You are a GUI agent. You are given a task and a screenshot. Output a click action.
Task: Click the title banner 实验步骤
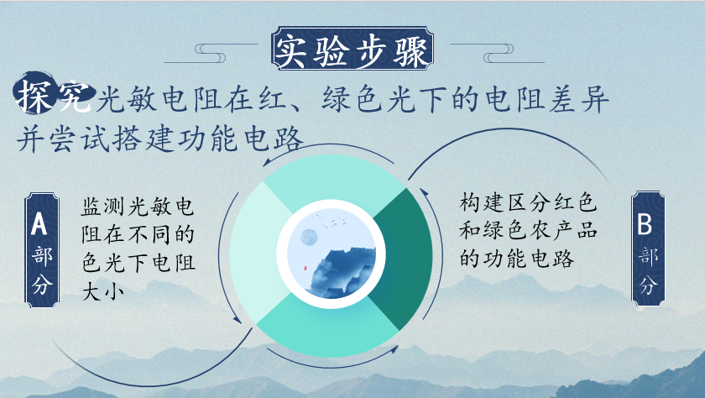(352, 48)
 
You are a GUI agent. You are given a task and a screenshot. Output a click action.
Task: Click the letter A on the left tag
(39, 224)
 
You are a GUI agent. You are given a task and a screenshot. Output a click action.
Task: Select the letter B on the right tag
(645, 223)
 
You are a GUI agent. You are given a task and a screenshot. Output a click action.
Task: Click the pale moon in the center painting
(309, 237)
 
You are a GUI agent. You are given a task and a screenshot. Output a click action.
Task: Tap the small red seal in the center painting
(304, 268)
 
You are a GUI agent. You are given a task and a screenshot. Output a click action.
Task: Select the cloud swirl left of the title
(211, 53)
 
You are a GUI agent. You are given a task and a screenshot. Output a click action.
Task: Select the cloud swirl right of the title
(498, 53)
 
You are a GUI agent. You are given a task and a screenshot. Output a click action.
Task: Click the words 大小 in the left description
(103, 292)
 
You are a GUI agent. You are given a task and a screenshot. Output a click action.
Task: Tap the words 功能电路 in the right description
(529, 259)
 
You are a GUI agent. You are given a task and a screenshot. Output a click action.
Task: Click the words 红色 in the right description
(575, 202)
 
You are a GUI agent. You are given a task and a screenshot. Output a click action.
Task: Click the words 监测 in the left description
(103, 207)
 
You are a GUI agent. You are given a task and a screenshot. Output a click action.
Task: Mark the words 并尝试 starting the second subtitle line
(63, 139)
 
